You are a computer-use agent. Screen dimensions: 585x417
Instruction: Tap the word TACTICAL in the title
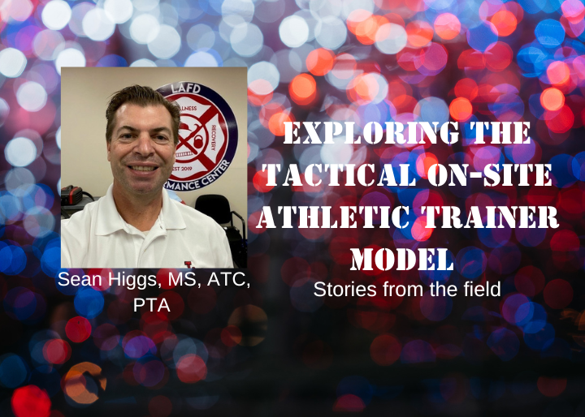339,174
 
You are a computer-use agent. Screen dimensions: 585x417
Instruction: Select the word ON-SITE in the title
489,174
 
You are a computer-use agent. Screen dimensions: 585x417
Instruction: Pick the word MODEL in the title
402,258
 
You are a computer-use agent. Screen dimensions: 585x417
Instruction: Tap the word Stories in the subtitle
338,289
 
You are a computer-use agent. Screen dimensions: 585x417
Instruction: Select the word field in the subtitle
483,289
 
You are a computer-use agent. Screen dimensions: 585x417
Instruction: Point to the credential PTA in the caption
151,306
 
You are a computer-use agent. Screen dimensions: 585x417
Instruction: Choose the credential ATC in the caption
228,280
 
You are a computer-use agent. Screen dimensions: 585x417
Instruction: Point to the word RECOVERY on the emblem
213,137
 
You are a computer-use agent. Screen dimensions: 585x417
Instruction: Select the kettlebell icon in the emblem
198,142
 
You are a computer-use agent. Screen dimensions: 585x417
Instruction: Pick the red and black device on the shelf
71,196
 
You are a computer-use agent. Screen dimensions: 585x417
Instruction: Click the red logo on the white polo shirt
188,264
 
